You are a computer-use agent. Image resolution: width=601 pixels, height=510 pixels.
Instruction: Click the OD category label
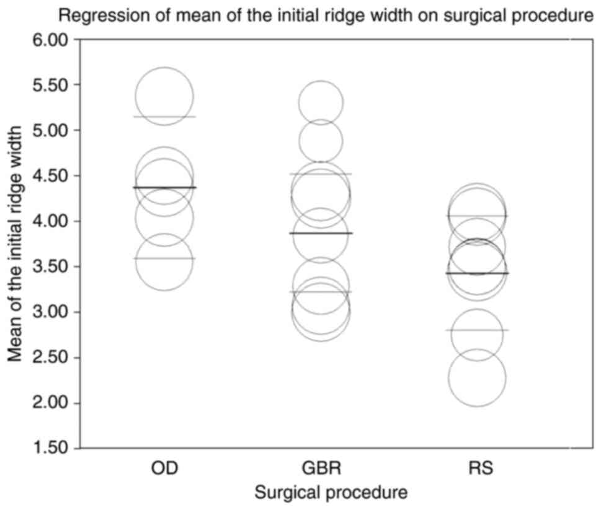[164, 468]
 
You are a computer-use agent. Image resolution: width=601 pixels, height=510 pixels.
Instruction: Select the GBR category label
[321, 468]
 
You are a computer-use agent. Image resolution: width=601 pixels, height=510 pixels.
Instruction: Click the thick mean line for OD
[164, 187]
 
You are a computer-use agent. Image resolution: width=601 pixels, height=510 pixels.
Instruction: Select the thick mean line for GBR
[321, 233]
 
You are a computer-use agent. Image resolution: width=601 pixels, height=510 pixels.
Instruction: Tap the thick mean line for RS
[477, 273]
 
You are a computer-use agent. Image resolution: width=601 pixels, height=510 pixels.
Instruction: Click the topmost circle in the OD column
[164, 97]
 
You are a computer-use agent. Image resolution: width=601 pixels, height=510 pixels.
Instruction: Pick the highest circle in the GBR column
[321, 103]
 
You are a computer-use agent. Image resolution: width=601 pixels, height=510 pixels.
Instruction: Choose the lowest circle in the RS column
[477, 377]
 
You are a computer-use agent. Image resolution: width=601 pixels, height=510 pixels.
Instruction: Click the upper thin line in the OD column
[164, 117]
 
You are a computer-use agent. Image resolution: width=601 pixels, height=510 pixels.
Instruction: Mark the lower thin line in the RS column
[477, 330]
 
